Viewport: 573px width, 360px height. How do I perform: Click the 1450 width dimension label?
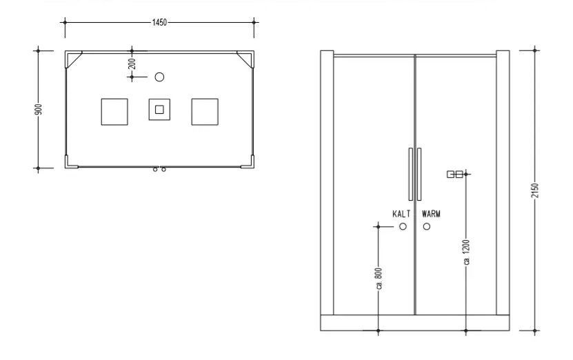(159, 23)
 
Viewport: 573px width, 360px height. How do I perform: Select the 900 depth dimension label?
(39, 109)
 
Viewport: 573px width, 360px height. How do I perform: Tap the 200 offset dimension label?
(132, 64)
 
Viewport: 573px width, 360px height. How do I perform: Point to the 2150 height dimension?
(534, 190)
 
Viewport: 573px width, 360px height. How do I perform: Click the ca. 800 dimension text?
(379, 279)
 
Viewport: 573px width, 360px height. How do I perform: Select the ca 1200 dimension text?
(466, 252)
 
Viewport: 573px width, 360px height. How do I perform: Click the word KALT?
(401, 214)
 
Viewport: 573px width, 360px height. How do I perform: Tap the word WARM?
(431, 214)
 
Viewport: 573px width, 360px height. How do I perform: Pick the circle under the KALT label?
(403, 227)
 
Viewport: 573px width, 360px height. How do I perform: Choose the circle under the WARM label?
(426, 227)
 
